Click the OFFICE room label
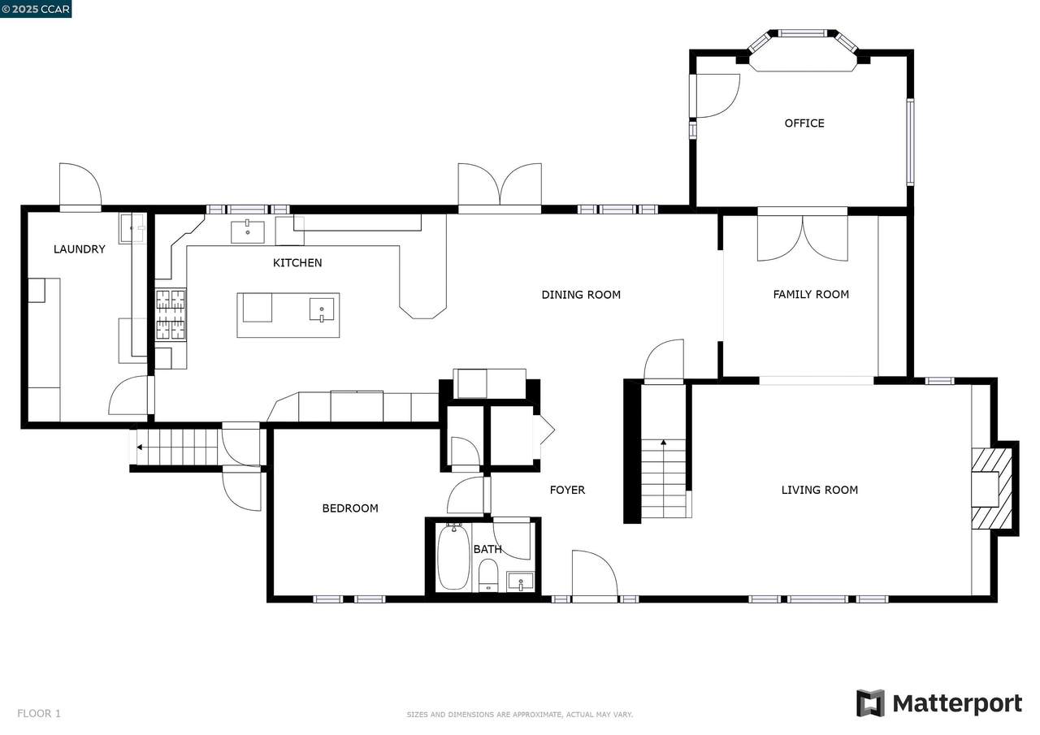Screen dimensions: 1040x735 coord(804,123)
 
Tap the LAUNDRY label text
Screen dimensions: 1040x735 coord(80,249)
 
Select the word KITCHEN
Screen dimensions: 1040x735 coord(297,263)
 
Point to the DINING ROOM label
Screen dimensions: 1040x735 coord(581,295)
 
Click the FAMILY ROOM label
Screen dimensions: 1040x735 coord(811,294)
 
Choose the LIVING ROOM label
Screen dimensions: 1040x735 coord(820,490)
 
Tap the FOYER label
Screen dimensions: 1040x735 coord(567,490)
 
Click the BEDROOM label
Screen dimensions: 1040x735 coord(350,508)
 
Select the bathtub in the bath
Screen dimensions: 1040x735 coord(453,557)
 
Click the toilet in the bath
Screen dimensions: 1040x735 coord(488,576)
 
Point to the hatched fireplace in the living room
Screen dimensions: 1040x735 coord(992,489)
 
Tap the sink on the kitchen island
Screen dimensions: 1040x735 coord(321,310)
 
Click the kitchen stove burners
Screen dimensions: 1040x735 coord(171,314)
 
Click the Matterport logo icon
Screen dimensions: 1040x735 coord(870,703)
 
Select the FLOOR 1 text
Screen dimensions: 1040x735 coord(39,714)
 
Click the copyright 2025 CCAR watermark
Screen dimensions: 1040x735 coord(36,9)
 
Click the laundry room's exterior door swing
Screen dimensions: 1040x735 coord(80,184)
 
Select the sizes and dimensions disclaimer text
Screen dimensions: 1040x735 coord(519,715)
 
